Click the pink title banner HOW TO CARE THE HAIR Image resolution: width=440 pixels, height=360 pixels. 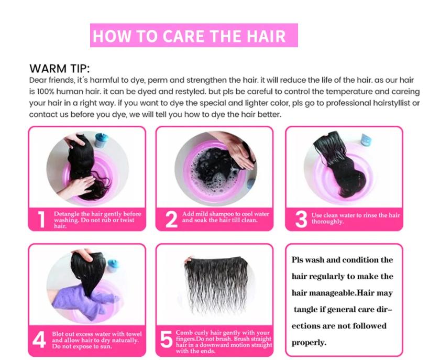click(x=194, y=36)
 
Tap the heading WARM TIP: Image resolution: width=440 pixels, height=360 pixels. click(x=60, y=69)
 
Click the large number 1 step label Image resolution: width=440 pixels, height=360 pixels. click(x=41, y=220)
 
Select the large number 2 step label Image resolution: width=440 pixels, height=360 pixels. click(x=171, y=220)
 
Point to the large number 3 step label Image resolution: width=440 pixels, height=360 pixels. click(x=301, y=220)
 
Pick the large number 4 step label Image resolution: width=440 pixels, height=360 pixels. click(x=39, y=340)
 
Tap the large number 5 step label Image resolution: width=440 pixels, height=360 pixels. click(x=166, y=340)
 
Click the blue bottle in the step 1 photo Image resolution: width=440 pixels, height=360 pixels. click(x=101, y=140)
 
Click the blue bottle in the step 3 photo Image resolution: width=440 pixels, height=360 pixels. click(x=366, y=140)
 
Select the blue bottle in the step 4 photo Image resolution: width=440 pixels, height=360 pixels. click(x=113, y=266)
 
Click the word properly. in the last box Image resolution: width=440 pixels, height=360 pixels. click(x=309, y=343)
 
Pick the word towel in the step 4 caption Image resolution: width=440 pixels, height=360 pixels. click(x=134, y=334)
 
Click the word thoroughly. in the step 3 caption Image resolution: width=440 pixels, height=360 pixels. click(x=327, y=222)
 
